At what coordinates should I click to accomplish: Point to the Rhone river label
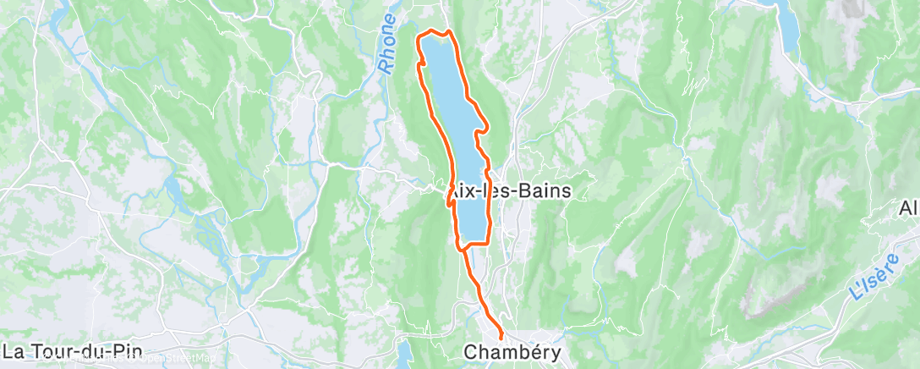tap(387, 43)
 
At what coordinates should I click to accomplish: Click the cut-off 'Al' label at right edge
tap(909, 208)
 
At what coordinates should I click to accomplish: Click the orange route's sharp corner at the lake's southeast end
tap(490, 243)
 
